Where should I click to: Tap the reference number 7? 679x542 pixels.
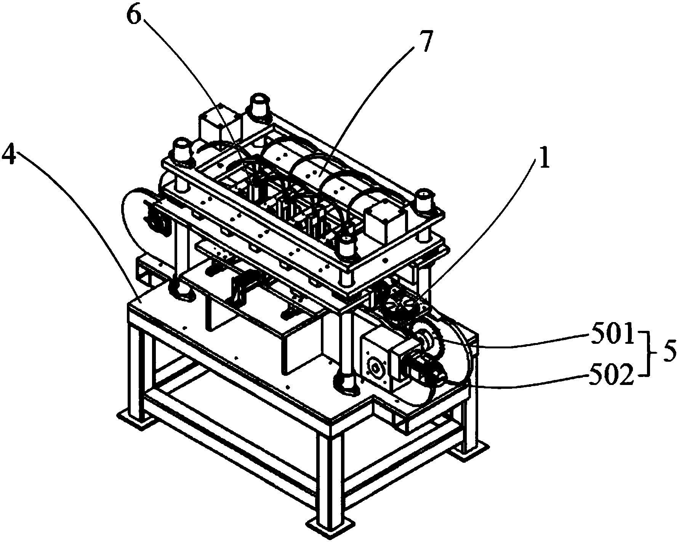421,43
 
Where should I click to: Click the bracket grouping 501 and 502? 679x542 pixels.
646,354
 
